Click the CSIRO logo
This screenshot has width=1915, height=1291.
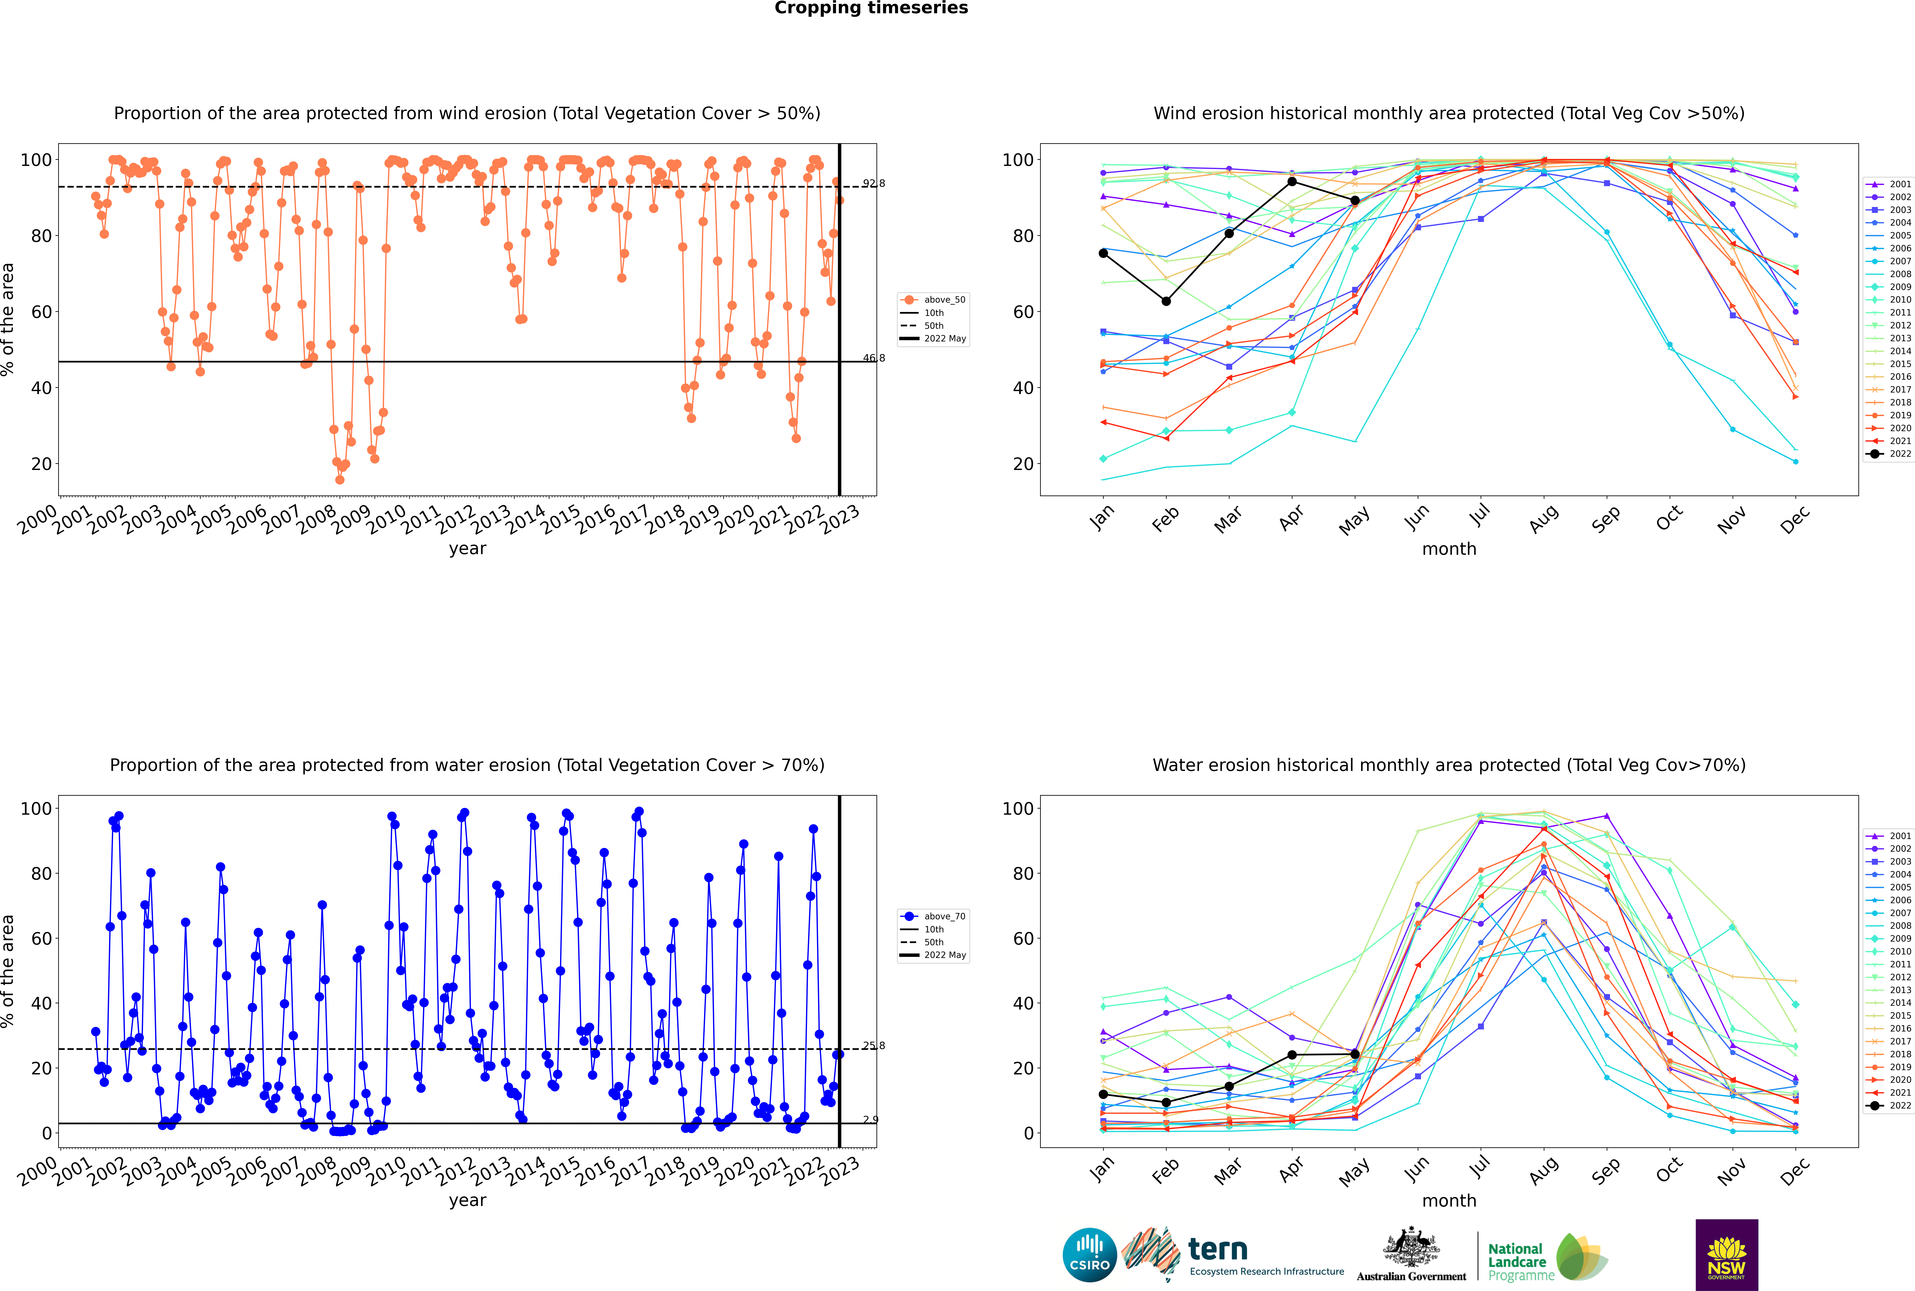(1089, 1255)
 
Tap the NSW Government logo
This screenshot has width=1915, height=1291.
(1726, 1255)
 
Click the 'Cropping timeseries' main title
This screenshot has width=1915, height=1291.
(871, 8)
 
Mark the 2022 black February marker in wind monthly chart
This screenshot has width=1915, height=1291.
(1166, 301)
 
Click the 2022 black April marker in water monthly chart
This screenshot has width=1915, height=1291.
(1292, 1055)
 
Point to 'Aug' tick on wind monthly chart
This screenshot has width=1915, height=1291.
(1543, 519)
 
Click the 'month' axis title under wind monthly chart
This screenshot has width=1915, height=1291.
(1449, 549)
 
